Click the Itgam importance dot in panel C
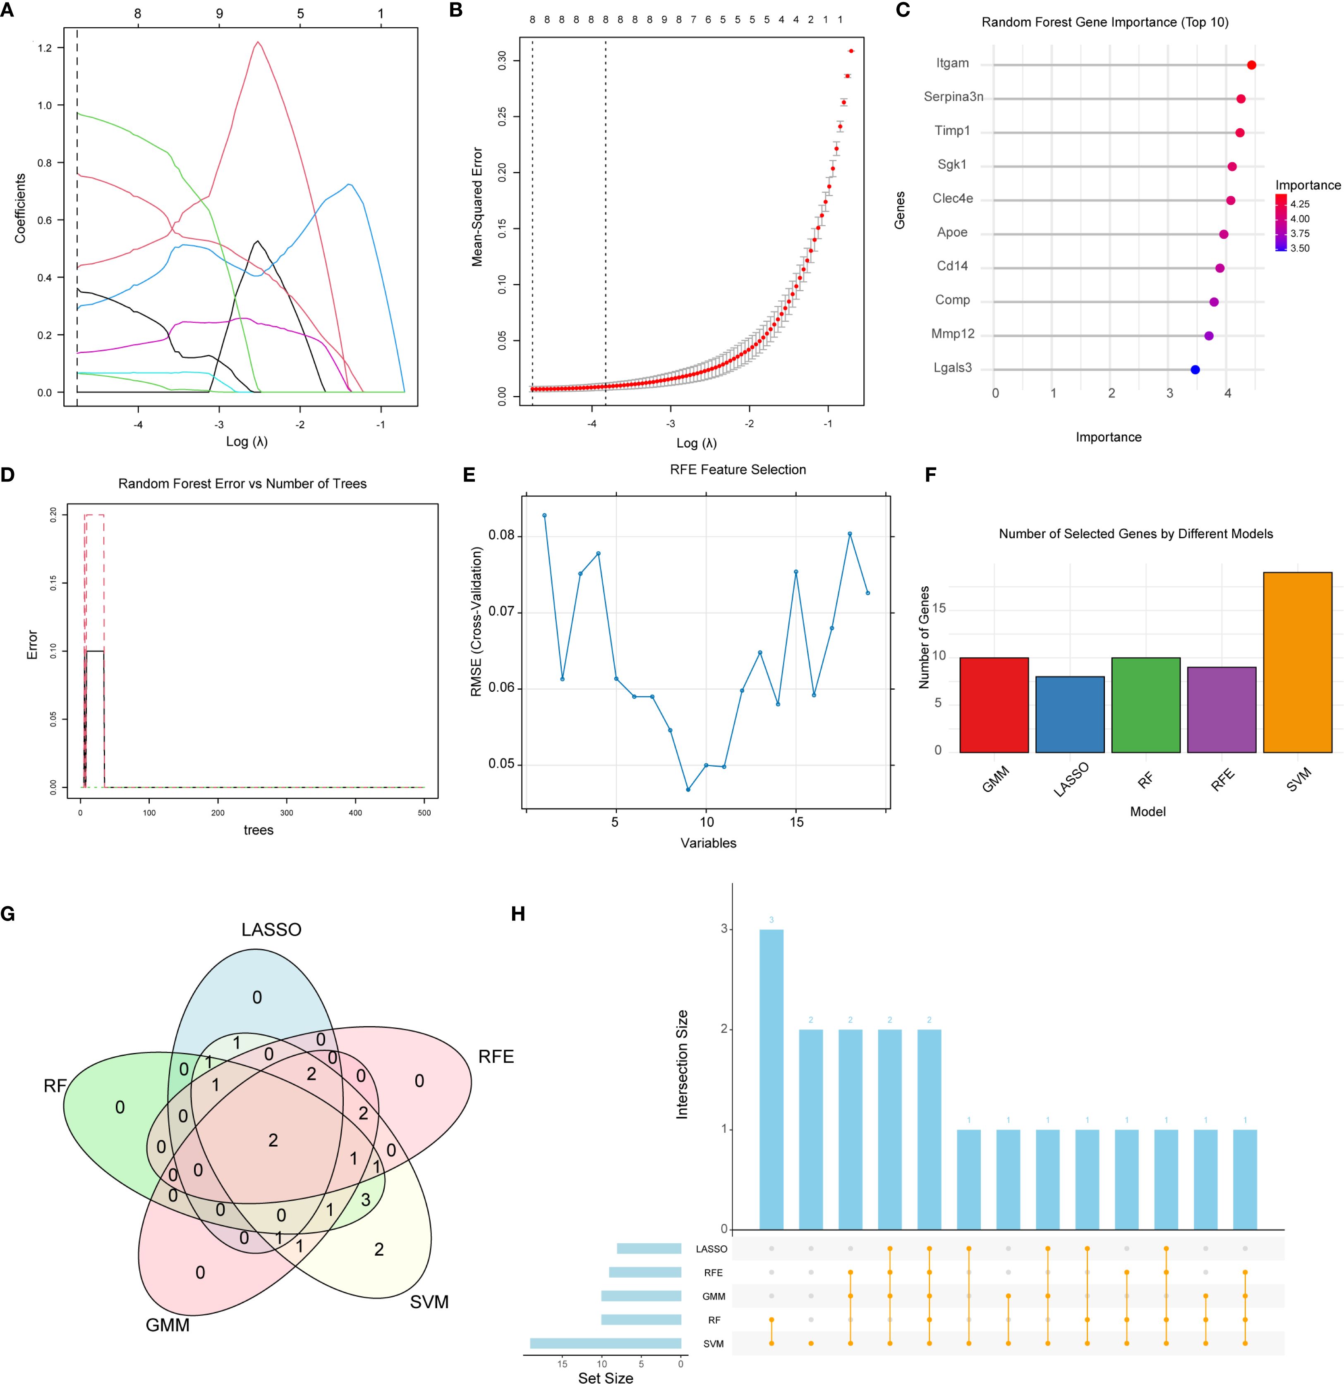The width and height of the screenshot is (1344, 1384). [1251, 65]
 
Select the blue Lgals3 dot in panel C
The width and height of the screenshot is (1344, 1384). [1195, 369]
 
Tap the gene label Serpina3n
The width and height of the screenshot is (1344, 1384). [953, 97]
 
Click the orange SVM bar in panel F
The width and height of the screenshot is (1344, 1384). [1297, 662]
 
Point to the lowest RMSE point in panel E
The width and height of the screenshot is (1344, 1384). [688, 789]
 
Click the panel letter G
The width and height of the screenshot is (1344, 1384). [8, 914]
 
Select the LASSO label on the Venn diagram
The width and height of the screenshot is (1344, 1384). [271, 929]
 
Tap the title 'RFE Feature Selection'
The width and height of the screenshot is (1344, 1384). [738, 470]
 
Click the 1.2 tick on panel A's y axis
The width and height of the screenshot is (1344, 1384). [45, 48]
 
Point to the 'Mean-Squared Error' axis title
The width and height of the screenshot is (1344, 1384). [477, 207]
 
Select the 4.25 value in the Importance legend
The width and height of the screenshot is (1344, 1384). [1299, 204]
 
